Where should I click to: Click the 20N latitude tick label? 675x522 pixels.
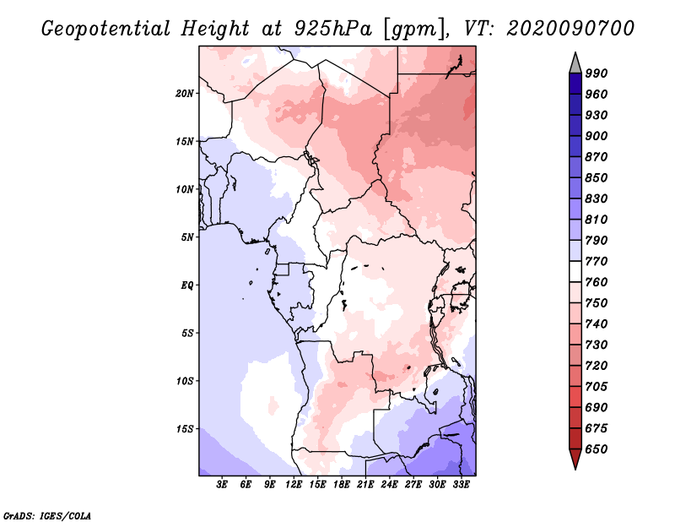click(x=184, y=94)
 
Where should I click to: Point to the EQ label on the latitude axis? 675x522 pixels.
click(x=186, y=285)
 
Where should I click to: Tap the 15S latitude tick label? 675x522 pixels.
click(x=185, y=429)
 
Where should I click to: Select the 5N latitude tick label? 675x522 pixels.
click(x=187, y=237)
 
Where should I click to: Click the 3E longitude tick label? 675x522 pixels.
click(x=222, y=485)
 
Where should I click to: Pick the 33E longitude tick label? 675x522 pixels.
click(x=461, y=485)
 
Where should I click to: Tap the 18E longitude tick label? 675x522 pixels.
click(x=342, y=485)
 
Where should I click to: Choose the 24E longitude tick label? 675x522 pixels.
click(x=389, y=485)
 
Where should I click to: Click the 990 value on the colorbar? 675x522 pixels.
click(x=597, y=73)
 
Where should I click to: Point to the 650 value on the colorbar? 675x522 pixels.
click(x=597, y=449)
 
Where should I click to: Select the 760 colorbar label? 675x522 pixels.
click(x=597, y=282)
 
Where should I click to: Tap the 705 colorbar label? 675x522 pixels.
click(x=597, y=386)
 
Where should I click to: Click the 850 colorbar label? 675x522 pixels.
click(x=597, y=177)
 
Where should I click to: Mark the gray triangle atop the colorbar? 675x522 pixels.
click(x=575, y=63)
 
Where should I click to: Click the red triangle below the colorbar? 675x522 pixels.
click(x=575, y=459)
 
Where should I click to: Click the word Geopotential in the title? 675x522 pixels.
click(x=106, y=29)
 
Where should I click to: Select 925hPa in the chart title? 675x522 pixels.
click(x=332, y=29)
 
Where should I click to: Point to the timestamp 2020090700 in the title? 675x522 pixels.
click(x=571, y=29)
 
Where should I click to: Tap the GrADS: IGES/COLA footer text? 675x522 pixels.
click(x=47, y=516)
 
